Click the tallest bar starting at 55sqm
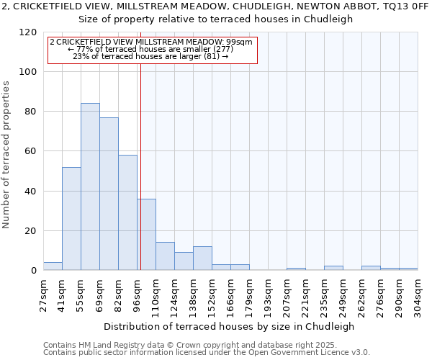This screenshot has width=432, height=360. (x=90, y=187)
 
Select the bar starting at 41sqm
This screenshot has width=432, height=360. (x=71, y=219)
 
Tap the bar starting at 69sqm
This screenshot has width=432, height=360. (x=109, y=194)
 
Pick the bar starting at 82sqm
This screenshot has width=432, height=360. (x=127, y=213)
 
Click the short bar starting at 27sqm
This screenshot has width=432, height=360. (x=53, y=266)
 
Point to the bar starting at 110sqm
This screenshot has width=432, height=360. (x=165, y=256)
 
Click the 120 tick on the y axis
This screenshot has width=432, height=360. (x=28, y=32)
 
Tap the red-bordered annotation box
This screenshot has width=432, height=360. (x=152, y=49)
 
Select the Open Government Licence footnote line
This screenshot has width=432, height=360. (x=207, y=352)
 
